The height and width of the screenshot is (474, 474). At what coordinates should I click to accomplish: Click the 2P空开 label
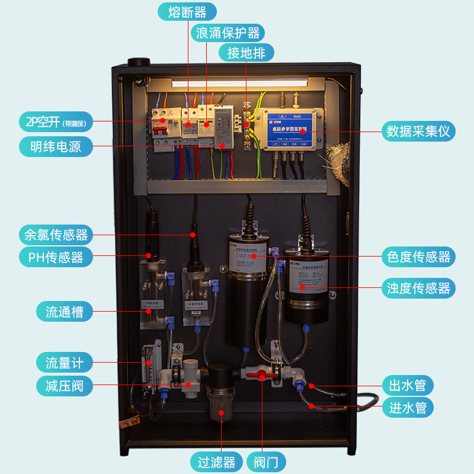click(x=56, y=121)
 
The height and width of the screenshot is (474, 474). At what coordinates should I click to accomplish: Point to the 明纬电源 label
click(x=56, y=146)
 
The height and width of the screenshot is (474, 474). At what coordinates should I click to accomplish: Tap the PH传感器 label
click(x=56, y=257)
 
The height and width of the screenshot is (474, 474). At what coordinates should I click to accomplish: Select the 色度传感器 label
click(x=418, y=257)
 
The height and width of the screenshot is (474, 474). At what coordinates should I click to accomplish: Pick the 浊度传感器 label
click(x=418, y=288)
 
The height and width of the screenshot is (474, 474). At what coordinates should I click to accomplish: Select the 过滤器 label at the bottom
click(x=217, y=462)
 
